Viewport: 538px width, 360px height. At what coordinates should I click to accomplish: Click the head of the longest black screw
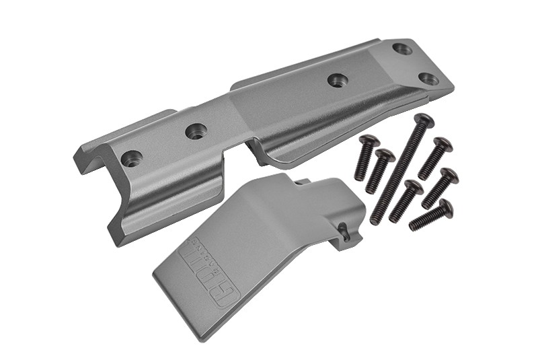point(424,122)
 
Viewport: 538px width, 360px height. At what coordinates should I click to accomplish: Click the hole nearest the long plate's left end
point(132,159)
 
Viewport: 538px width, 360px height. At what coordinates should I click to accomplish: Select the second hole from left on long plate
point(196,131)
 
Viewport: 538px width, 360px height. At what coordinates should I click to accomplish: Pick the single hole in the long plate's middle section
point(338,80)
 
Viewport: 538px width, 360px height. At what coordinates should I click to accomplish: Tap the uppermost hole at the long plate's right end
point(402,49)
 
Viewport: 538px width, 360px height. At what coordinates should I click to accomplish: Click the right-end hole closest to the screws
point(428,79)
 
